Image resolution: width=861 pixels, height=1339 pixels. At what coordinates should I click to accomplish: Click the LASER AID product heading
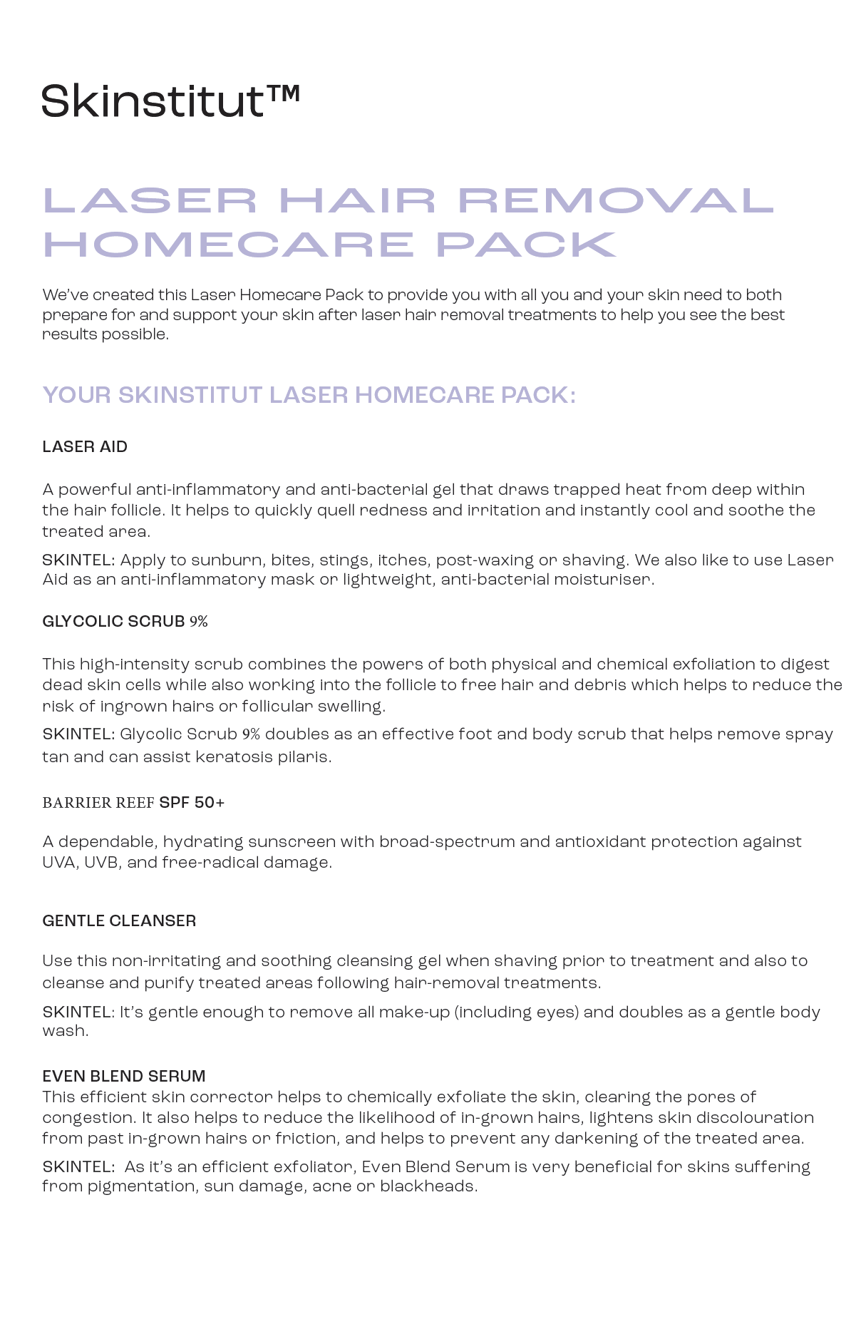click(85, 447)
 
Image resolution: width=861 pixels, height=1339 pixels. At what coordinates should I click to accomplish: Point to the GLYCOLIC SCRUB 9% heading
click(125, 622)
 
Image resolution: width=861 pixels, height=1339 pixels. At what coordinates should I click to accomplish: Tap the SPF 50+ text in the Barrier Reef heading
click(192, 803)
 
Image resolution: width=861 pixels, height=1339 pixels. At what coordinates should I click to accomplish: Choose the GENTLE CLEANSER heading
click(119, 921)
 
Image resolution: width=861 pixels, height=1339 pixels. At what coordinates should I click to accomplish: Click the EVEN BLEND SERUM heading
click(124, 1077)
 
